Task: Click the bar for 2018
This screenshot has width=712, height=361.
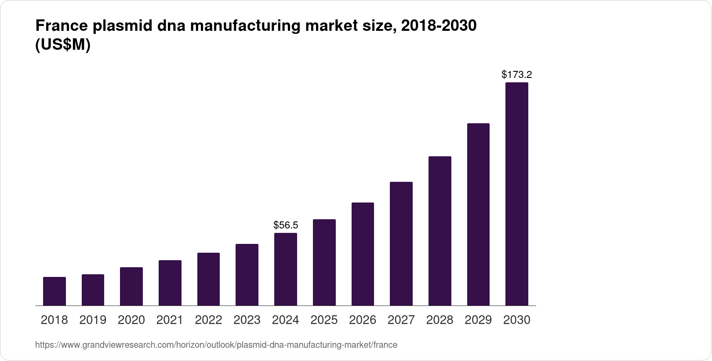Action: [x=54, y=291]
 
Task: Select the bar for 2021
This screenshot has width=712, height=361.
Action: [x=170, y=283]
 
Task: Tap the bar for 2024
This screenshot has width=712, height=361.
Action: [x=286, y=269]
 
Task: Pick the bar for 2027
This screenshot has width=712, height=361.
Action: [x=401, y=243]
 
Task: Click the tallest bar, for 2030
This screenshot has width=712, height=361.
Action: [x=516, y=194]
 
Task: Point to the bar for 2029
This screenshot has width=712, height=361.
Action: [x=478, y=214]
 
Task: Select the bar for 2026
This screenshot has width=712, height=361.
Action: [x=363, y=254]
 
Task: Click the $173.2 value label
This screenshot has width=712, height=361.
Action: [x=516, y=74]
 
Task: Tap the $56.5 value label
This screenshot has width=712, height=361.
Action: [x=286, y=225]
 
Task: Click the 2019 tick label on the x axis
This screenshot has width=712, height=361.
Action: [x=93, y=320]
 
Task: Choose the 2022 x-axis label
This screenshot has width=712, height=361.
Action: [x=208, y=320]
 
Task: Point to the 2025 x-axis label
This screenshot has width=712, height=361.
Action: [x=324, y=320]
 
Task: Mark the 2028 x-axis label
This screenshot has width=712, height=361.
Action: [x=440, y=320]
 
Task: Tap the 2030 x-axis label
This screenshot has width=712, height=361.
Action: [x=516, y=320]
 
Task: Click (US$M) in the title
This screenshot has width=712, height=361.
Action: [x=62, y=45]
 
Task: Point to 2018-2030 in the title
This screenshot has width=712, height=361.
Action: [x=439, y=26]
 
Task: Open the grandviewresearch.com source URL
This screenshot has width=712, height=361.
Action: [x=216, y=345]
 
